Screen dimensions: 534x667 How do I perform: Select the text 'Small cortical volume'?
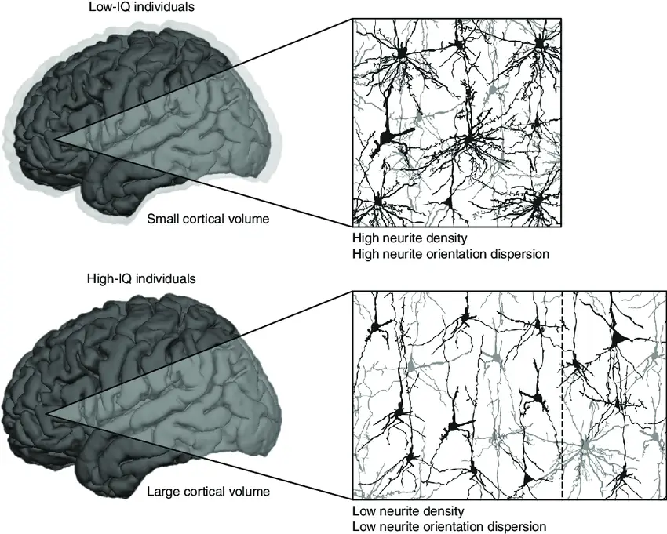[209, 219]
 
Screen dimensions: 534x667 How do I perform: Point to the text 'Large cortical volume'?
[209, 492]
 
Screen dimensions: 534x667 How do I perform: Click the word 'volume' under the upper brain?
[250, 219]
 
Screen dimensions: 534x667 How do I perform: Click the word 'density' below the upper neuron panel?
[441, 238]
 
